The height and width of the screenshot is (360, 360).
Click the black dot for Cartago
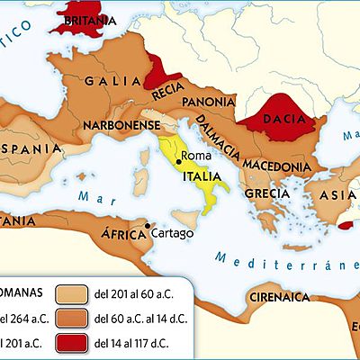[147, 226]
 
